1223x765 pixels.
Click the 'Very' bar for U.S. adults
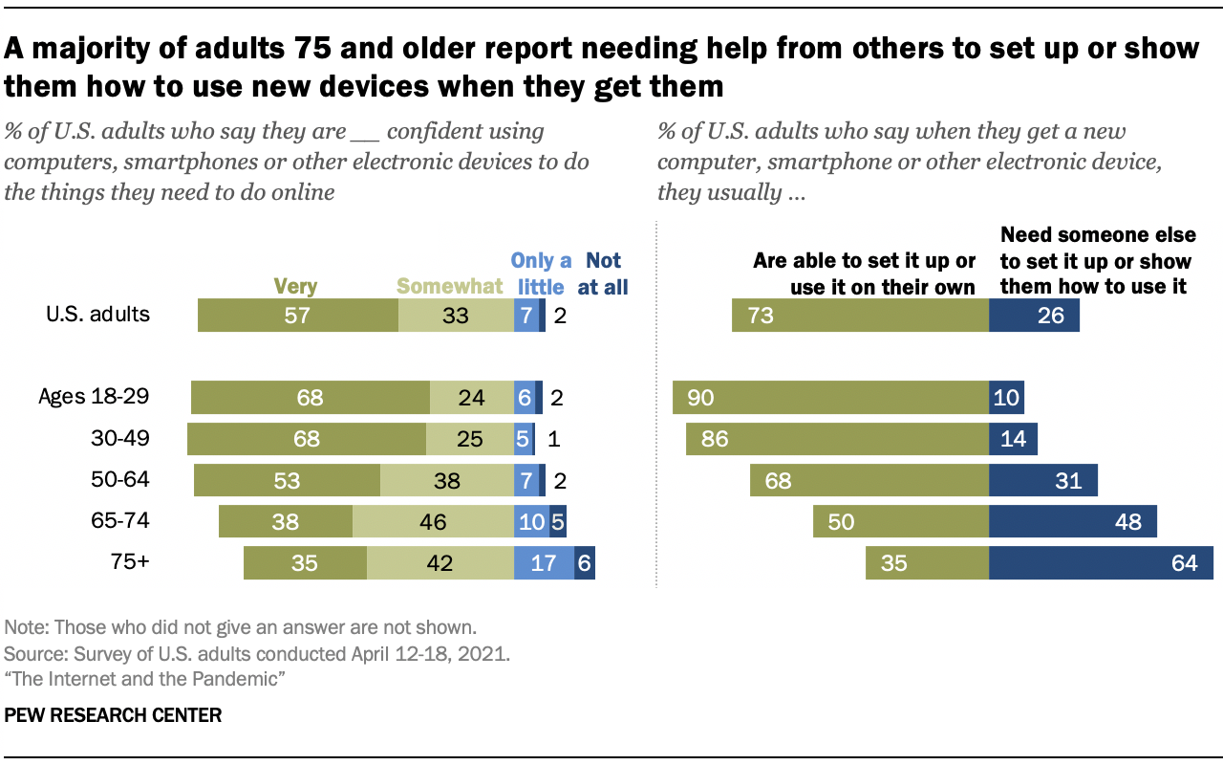pos(297,315)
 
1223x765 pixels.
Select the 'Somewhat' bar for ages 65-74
pos(433,522)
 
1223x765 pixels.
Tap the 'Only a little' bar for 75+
pos(544,563)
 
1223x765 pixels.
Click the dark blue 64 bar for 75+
pos(1101,563)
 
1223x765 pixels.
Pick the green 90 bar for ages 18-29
pos(830,398)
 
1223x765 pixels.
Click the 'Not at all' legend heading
pos(603,273)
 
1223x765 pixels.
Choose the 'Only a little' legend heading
pos(541,273)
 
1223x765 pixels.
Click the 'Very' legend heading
pos(295,286)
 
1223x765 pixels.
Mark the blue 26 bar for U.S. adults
pos(1034,315)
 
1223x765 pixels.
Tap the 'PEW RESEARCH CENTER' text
pos(113,715)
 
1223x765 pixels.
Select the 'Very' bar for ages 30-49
pos(306,439)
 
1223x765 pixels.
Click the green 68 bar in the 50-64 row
pos(869,480)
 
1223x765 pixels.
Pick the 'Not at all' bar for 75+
pos(584,563)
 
